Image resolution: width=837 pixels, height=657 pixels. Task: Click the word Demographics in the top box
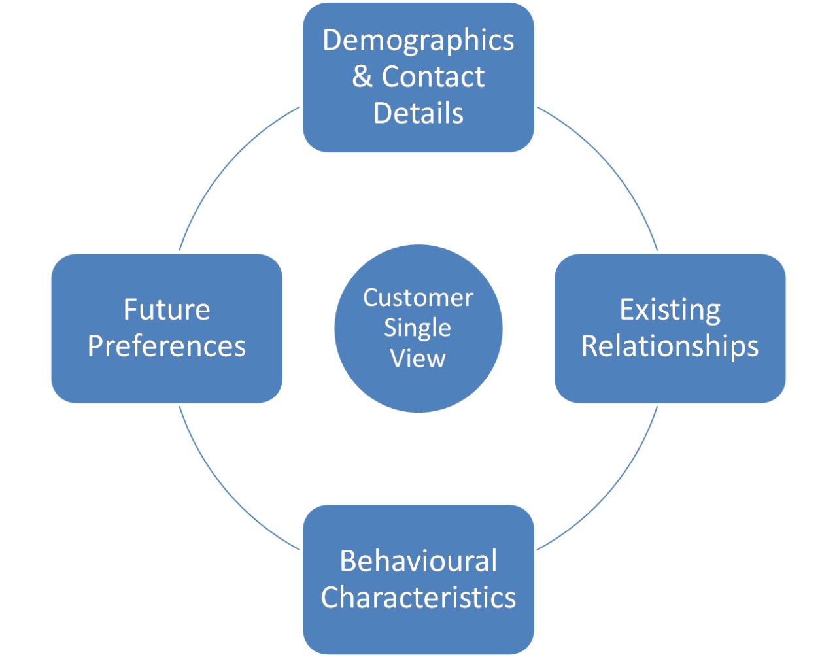point(418,41)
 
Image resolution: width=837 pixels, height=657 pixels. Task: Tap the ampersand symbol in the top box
point(362,76)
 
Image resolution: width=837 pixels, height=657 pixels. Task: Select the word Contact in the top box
point(433,76)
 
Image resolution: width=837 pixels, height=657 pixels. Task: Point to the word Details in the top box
point(418,112)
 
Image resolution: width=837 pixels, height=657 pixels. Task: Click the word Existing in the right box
point(670,310)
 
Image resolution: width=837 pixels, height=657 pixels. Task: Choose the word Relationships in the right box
point(670,346)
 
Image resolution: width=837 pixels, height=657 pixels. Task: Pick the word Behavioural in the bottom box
point(418,562)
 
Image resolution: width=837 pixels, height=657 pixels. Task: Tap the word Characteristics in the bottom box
point(418,598)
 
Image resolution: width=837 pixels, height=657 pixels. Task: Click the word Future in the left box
point(167,309)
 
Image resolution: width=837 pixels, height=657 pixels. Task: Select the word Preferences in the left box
point(167,346)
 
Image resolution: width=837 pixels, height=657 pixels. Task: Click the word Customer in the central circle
point(418,298)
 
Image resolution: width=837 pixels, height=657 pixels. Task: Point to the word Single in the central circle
point(417,328)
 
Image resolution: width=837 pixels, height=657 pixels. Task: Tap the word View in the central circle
point(418,358)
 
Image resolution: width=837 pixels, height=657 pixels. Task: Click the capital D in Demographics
point(332,41)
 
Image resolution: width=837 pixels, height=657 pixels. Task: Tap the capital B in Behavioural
point(349,562)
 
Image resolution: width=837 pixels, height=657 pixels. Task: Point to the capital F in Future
point(131,309)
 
